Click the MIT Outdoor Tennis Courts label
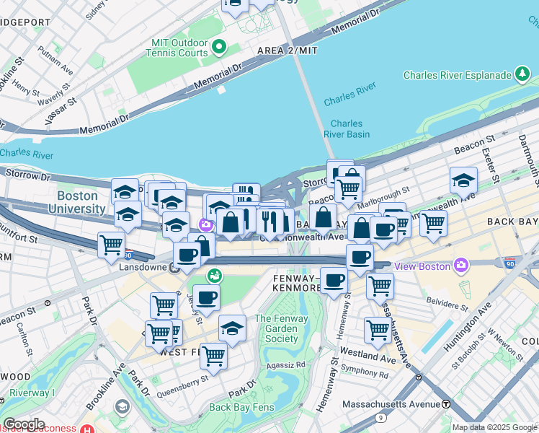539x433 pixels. coord(177,48)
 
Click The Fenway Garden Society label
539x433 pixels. coord(276,328)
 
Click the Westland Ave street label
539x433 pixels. coord(368,357)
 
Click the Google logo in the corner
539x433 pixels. coord(23,424)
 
